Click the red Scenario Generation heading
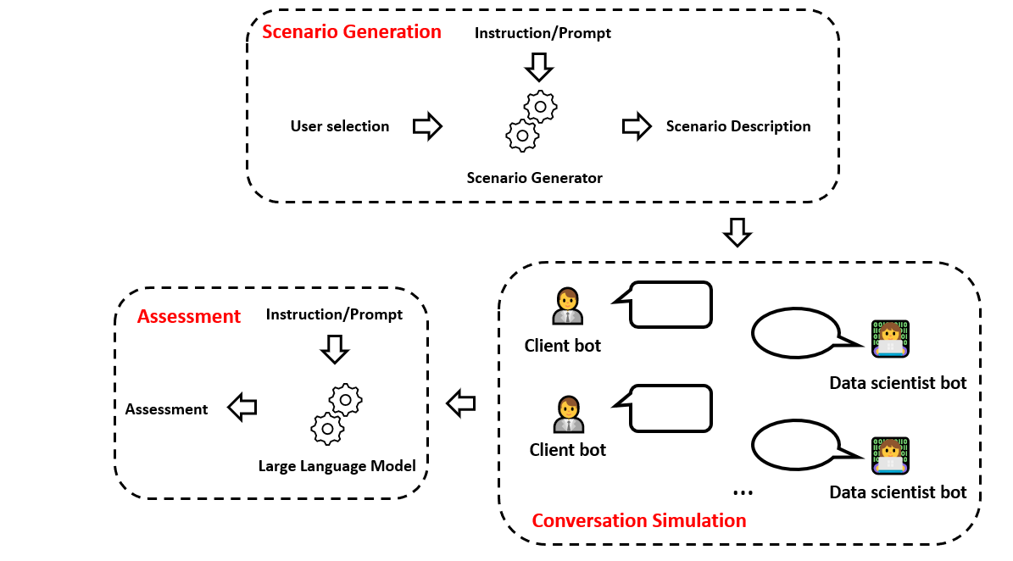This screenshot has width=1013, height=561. (x=352, y=31)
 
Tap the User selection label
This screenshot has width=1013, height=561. (x=340, y=126)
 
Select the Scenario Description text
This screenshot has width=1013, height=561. (x=738, y=126)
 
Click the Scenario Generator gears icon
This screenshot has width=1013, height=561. (x=531, y=121)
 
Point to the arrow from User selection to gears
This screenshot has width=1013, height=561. (x=428, y=125)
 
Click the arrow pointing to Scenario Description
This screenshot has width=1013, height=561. (x=637, y=125)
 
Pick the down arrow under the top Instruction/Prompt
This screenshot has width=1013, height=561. (x=539, y=67)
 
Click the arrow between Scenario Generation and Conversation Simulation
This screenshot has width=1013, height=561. (x=737, y=232)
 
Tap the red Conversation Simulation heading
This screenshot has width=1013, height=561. (x=639, y=520)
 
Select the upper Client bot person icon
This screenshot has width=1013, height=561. (x=568, y=306)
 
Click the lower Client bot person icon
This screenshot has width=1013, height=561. (x=569, y=414)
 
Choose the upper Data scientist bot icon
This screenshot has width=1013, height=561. (x=890, y=339)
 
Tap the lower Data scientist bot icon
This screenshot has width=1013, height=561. (x=890, y=456)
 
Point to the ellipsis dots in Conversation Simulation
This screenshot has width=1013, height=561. (x=743, y=493)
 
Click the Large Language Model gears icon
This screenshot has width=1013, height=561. (x=337, y=414)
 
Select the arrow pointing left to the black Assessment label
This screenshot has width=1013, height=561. (x=242, y=408)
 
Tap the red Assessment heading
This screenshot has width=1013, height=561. (x=189, y=316)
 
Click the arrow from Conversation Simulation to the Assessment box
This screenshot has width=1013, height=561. (x=460, y=403)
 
